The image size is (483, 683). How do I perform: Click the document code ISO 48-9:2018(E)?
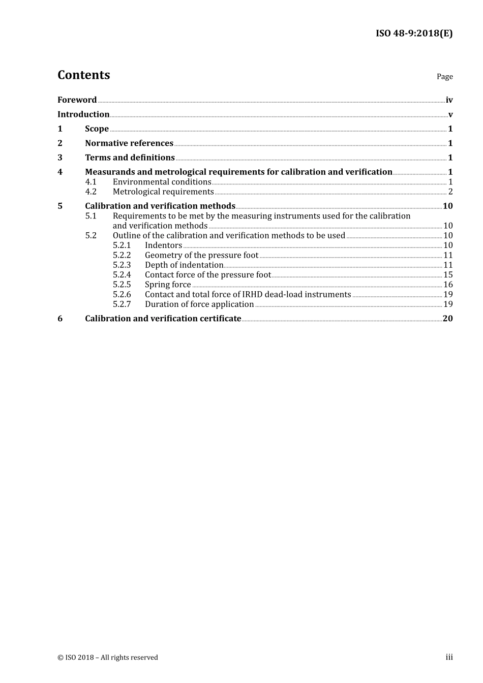coord(414,34)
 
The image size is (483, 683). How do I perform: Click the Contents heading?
coord(83,75)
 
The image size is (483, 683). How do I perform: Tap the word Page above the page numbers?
coord(444,77)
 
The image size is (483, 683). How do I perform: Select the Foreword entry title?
coord(77,100)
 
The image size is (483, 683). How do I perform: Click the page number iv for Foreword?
coord(449,100)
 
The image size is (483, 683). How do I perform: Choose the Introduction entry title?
coord(83,114)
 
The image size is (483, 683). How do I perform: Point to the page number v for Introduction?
coord(450,115)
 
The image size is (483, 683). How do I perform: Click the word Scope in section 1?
coord(97,129)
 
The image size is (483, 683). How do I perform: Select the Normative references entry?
coord(129,143)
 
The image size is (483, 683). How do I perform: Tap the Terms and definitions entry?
coord(130,158)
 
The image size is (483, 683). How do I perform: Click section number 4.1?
coord(90,182)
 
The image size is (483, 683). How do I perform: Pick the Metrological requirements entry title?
coord(163,192)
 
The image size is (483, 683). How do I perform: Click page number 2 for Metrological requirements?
coord(450,192)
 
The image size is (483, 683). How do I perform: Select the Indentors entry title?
coord(163,245)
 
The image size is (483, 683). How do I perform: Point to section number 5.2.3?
coord(122,265)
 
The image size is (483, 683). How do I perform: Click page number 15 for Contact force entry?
coord(448,275)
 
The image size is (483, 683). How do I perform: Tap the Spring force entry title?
coord(168,285)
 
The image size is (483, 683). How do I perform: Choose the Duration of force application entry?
coord(199,304)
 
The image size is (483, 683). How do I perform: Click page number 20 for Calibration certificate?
coord(447,319)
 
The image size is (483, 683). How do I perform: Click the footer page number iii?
coord(449,657)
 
